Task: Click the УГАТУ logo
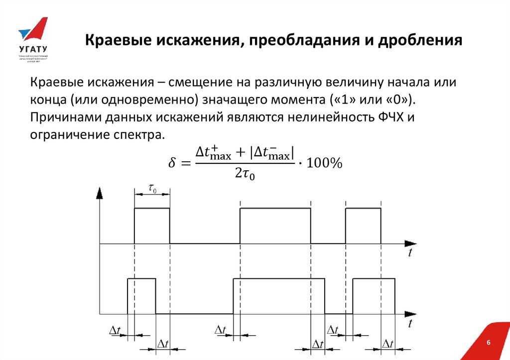(x=32, y=40)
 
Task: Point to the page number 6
(x=488, y=343)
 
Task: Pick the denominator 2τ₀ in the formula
(x=245, y=174)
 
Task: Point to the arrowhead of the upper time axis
(x=410, y=243)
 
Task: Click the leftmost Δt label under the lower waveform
(x=115, y=329)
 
